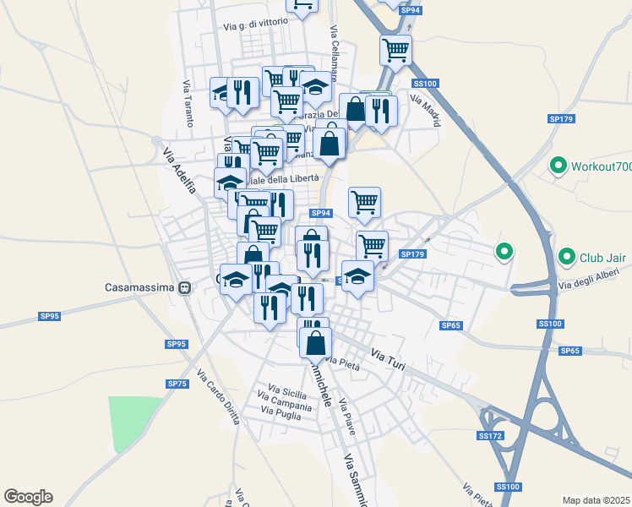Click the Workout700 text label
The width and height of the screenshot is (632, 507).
(601, 166)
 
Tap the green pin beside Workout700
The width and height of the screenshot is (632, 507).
(558, 166)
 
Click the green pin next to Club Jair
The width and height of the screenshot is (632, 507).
(566, 255)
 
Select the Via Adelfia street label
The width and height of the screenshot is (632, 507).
(179, 170)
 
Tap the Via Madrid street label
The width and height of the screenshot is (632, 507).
(425, 110)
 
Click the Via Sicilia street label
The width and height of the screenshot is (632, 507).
(287, 393)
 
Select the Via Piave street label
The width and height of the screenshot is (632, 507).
(347, 417)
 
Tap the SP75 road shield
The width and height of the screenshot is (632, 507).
(177, 384)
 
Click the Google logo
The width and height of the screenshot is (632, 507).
(28, 497)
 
